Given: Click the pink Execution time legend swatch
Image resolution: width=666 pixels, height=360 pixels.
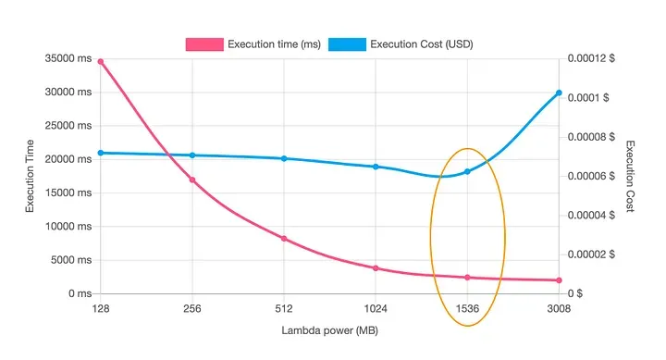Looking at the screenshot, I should pyautogui.click(x=204, y=43).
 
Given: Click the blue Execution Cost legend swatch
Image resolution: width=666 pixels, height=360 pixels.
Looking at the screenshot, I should pyautogui.click(x=347, y=43).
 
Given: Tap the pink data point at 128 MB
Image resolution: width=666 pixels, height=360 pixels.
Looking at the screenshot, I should pyautogui.click(x=100, y=62).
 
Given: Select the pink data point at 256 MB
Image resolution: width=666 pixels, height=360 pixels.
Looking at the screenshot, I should pyautogui.click(x=192, y=180).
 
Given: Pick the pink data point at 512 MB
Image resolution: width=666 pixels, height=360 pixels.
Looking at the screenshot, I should pyautogui.click(x=284, y=239).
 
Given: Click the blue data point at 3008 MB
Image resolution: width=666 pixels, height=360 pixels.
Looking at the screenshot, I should pyautogui.click(x=559, y=93).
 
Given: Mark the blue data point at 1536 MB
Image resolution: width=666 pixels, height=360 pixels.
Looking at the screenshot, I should pyautogui.click(x=467, y=171).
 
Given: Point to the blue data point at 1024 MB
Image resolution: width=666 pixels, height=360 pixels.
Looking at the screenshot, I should pyautogui.click(x=376, y=167).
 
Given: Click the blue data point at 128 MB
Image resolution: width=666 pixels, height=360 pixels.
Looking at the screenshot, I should pyautogui.click(x=100, y=153).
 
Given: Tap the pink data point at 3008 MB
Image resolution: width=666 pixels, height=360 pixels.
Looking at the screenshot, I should pyautogui.click(x=559, y=280).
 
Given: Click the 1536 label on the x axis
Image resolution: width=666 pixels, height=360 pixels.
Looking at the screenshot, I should pyautogui.click(x=467, y=309).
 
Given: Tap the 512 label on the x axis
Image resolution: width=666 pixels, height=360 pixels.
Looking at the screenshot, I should pyautogui.click(x=284, y=309).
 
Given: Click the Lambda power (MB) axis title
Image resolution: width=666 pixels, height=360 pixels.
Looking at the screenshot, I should pyautogui.click(x=329, y=330).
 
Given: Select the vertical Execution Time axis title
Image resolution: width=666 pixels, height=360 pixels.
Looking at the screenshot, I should pyautogui.click(x=31, y=176).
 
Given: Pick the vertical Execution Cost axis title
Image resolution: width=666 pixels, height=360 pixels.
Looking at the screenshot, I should pyautogui.click(x=632, y=176).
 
